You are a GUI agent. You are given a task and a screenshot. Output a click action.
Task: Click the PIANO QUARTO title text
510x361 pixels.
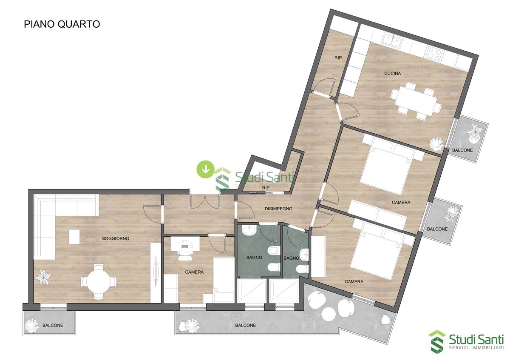tap(62, 24)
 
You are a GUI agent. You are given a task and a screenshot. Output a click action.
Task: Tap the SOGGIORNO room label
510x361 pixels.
tap(116, 238)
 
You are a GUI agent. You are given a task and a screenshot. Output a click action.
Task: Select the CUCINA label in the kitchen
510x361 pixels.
tap(393, 73)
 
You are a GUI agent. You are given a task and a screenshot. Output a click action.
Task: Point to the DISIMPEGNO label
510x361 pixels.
tap(278, 209)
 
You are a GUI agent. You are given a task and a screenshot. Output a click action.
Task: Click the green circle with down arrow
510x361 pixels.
tap(206, 169)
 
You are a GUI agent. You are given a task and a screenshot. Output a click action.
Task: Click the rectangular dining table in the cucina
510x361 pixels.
tap(416, 101)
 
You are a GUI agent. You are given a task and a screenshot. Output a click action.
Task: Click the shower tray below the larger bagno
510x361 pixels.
tap(252, 292)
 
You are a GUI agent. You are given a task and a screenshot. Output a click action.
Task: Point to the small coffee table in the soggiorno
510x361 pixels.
tap(74, 237)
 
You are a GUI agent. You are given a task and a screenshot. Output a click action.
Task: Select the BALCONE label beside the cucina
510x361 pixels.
tap(462, 150)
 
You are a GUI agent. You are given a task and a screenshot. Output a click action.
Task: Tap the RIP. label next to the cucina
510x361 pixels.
tap(339, 58)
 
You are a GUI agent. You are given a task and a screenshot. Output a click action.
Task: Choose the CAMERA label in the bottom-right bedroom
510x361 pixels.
tap(354, 282)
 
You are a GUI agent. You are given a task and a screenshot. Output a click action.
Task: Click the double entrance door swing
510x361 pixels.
tap(205, 202)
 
